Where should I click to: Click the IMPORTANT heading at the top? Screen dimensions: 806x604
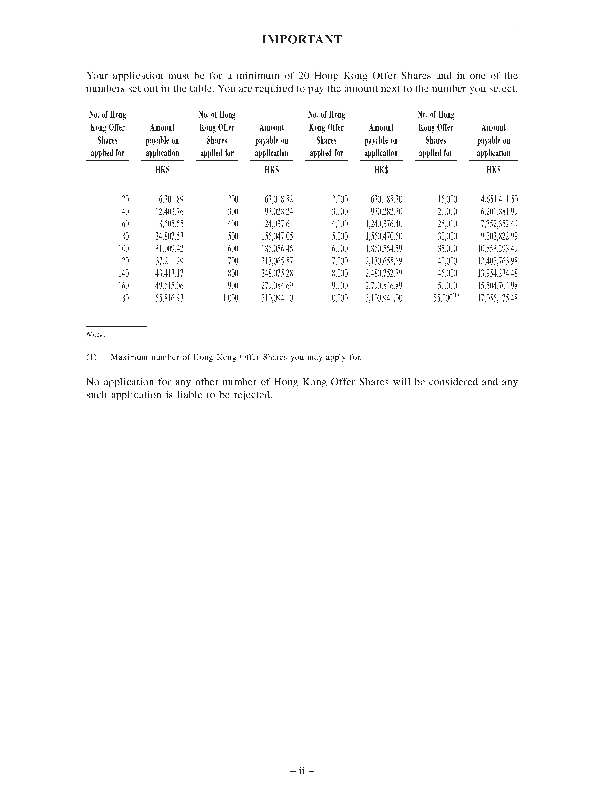point(302,39)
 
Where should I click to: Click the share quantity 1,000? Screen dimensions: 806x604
point(230,298)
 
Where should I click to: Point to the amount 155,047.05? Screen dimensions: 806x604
point(277,237)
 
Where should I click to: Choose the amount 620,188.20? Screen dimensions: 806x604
point(386,199)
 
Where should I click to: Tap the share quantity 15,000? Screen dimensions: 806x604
point(447,199)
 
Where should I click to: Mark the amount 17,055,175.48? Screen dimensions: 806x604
point(497,298)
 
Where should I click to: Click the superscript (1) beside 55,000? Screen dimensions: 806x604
point(456,296)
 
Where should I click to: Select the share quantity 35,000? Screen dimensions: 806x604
point(447,249)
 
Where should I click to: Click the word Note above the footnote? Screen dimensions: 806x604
point(96,335)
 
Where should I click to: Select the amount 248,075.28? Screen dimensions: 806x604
point(277,274)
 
